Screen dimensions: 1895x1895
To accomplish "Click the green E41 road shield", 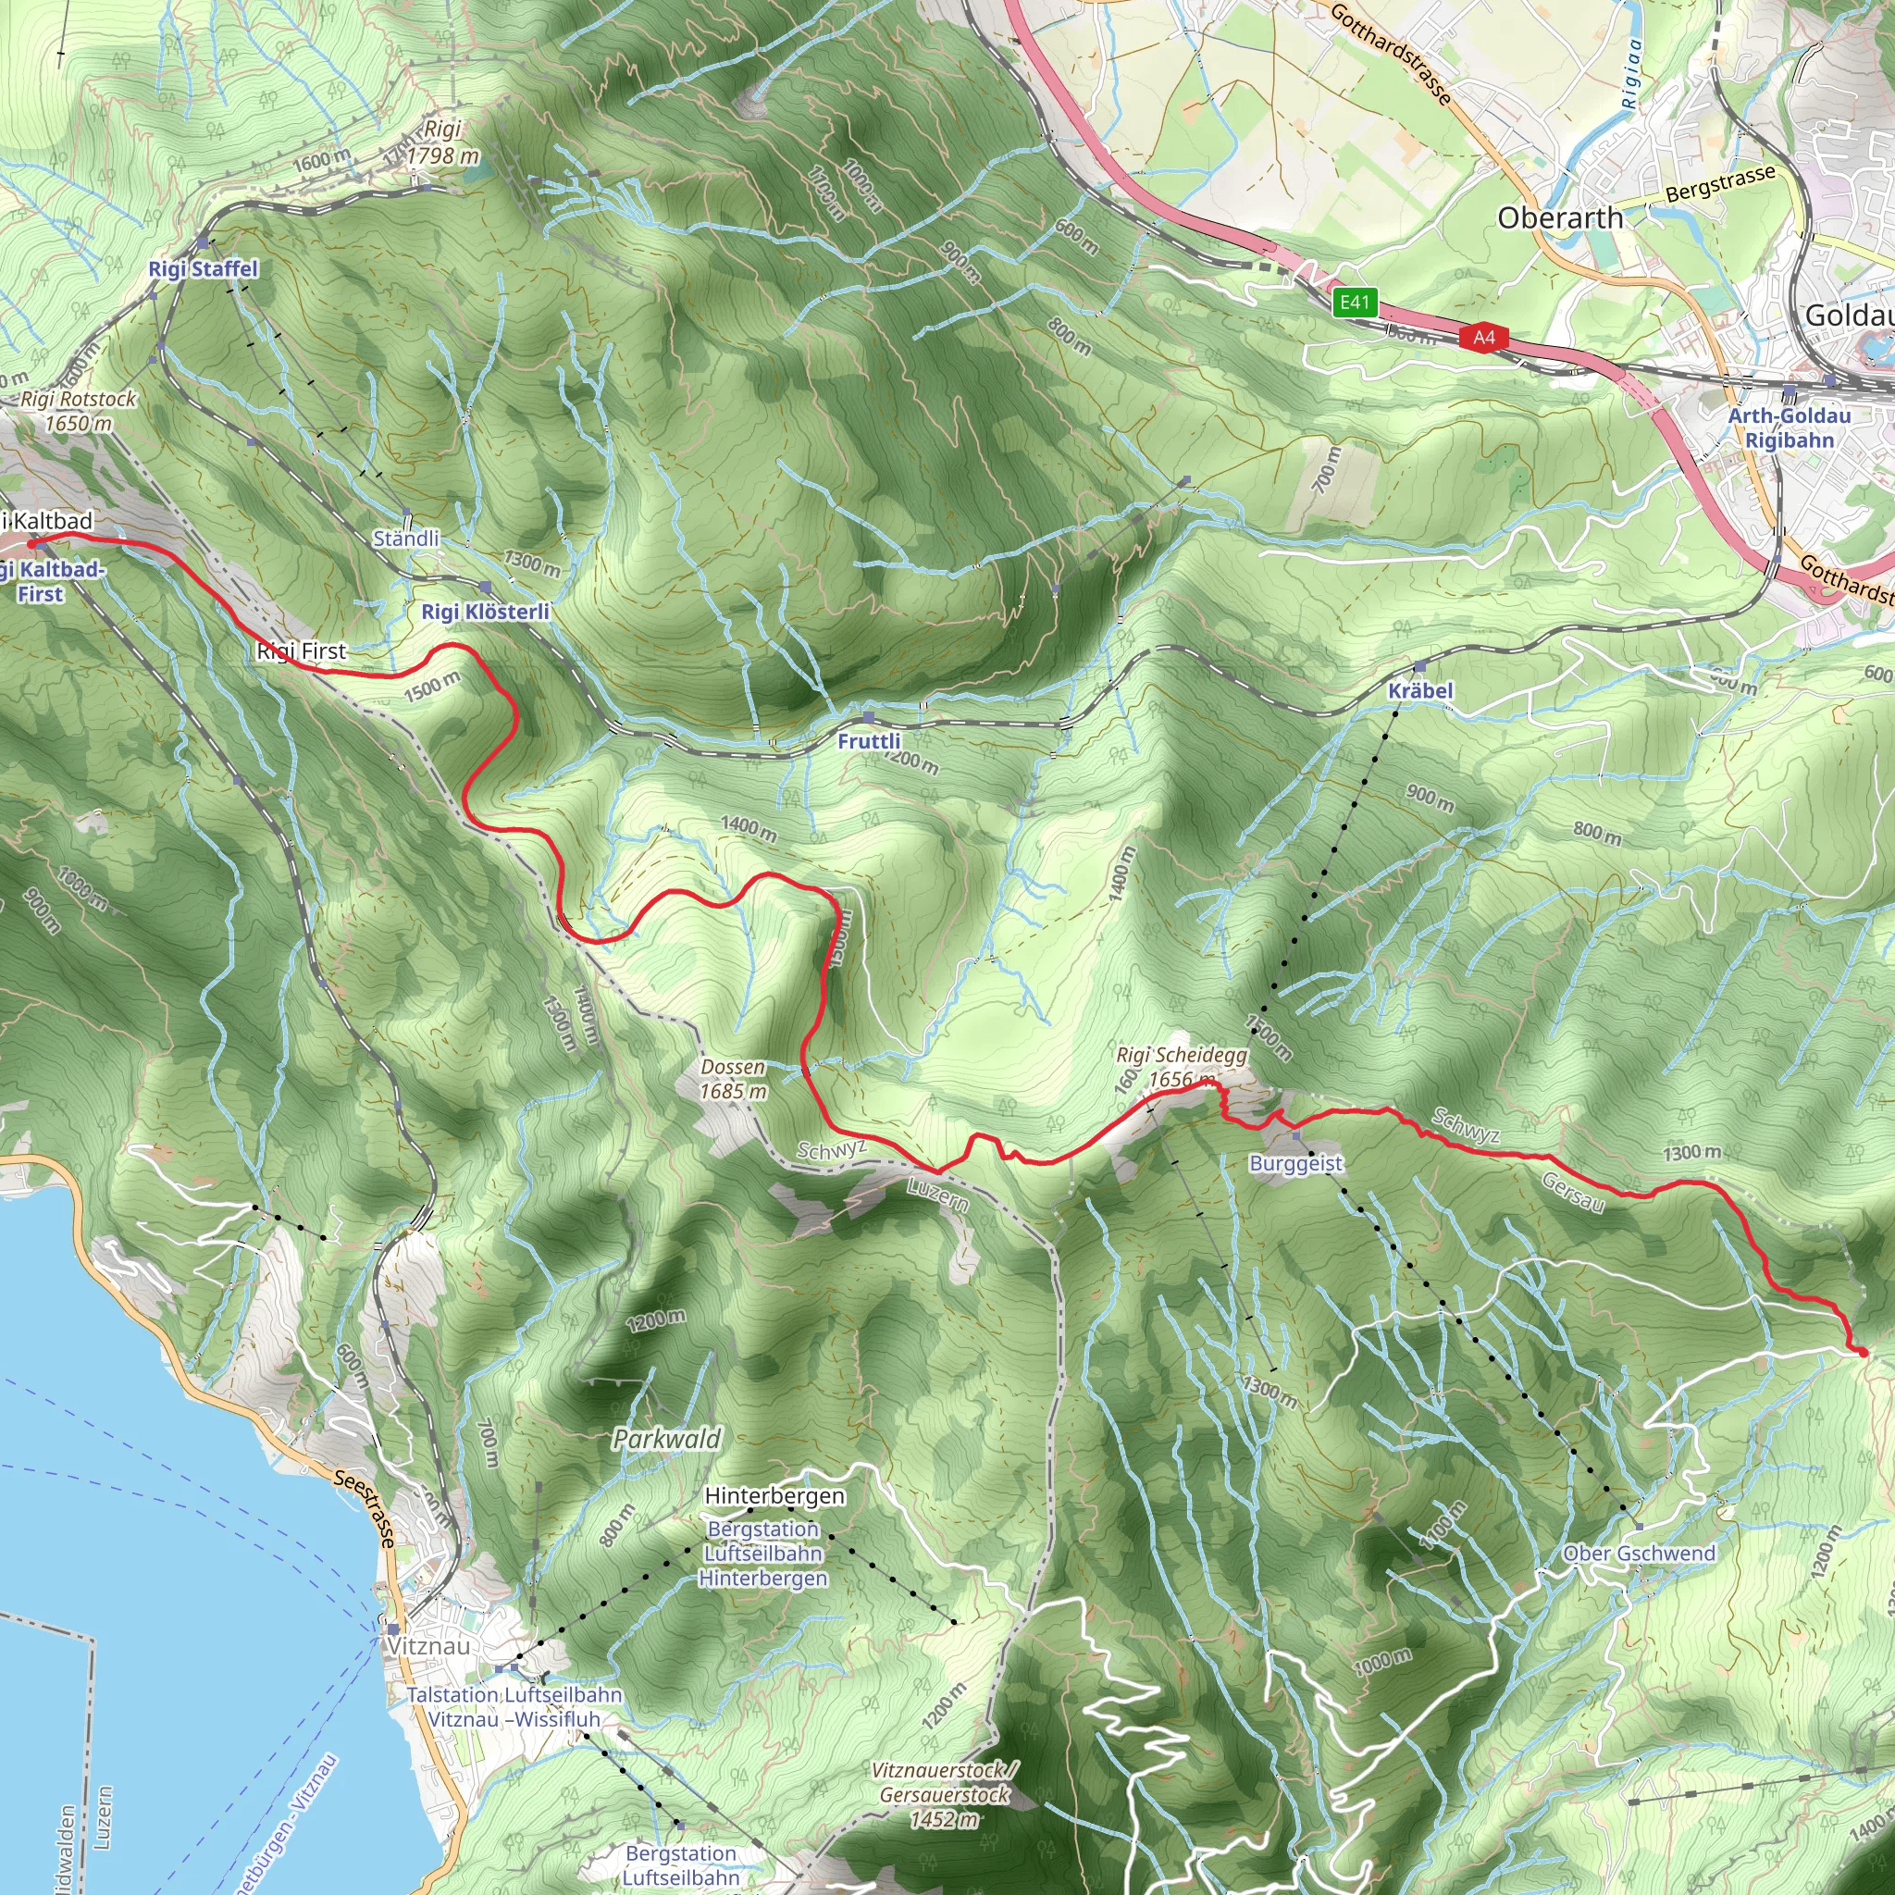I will [1355, 302].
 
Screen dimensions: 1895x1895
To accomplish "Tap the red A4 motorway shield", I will [1484, 338].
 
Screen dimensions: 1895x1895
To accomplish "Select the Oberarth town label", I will [1559, 217].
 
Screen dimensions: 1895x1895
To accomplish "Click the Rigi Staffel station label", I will [203, 268].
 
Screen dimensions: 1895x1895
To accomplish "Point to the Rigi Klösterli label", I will [486, 611].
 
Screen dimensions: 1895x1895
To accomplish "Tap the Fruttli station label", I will [868, 740].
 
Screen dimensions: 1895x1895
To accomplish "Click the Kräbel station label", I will [1419, 689].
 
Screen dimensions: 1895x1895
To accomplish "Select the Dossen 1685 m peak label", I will [733, 1079].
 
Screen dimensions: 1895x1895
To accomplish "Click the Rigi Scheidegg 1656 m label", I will [1181, 1067].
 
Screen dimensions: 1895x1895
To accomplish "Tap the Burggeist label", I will [1295, 1163].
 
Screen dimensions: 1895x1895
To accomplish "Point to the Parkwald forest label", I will [667, 1439].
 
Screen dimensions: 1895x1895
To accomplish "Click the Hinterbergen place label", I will [774, 1496].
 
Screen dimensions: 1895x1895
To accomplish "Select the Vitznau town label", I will [428, 1646].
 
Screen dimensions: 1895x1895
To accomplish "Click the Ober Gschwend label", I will [1639, 1554].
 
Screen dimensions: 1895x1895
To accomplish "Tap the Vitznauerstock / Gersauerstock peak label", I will [945, 1794].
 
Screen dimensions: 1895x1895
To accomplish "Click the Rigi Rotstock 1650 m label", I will [79, 411].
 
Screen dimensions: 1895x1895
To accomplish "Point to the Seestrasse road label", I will [364, 1507].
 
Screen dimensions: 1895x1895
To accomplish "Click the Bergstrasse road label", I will [1720, 183].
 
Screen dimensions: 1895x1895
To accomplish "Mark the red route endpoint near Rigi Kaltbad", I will [31, 542].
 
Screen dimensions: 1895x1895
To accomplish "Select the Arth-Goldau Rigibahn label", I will [1790, 427].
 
